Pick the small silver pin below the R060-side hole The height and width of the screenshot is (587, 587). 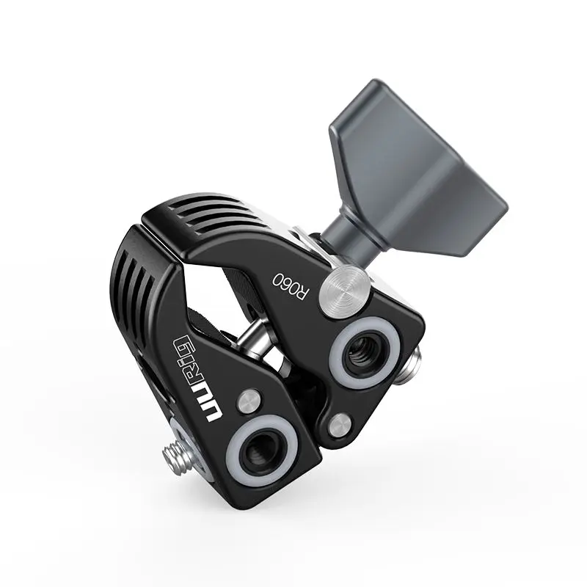340,423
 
